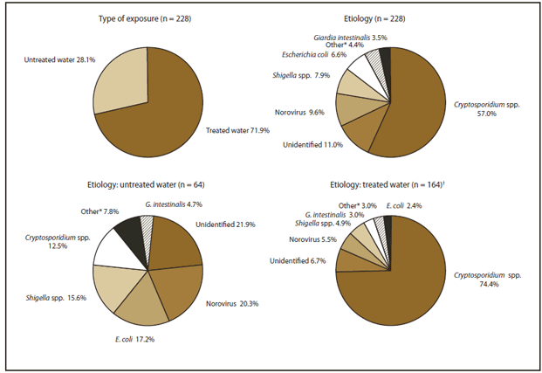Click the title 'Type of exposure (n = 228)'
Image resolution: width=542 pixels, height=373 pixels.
coord(148,19)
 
